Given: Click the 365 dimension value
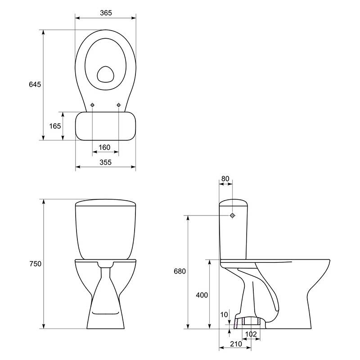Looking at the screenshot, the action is tap(106, 13).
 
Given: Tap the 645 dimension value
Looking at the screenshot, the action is tap(35, 85).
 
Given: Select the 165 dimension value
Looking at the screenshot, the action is tap(55, 126).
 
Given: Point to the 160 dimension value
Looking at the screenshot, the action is tap(104, 147).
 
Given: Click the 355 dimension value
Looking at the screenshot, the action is tap(106, 162).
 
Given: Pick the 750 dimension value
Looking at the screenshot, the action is tap(36, 264).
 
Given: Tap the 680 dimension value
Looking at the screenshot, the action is tap(180, 271).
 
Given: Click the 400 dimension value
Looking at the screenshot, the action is tap(202, 295).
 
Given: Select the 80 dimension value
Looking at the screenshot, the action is tap(225, 178).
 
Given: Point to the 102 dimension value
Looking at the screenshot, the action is tap(251, 334).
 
